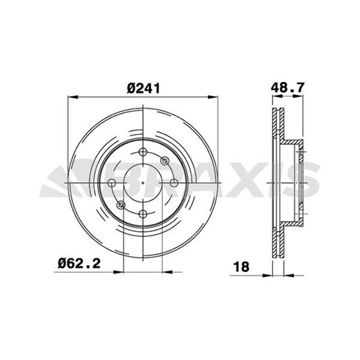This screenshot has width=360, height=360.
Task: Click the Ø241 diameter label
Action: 143,89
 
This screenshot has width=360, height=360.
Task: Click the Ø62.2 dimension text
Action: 79,264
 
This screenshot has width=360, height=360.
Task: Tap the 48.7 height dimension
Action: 287,87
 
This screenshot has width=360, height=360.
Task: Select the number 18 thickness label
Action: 241,267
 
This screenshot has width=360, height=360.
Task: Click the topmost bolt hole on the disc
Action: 143,152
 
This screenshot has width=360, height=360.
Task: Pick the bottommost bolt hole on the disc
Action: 143,214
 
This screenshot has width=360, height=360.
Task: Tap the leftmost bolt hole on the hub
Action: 112,183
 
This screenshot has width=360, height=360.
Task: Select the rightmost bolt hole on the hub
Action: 174,183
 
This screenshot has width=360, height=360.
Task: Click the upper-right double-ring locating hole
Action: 165,161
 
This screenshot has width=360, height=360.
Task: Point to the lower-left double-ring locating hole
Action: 121,205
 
